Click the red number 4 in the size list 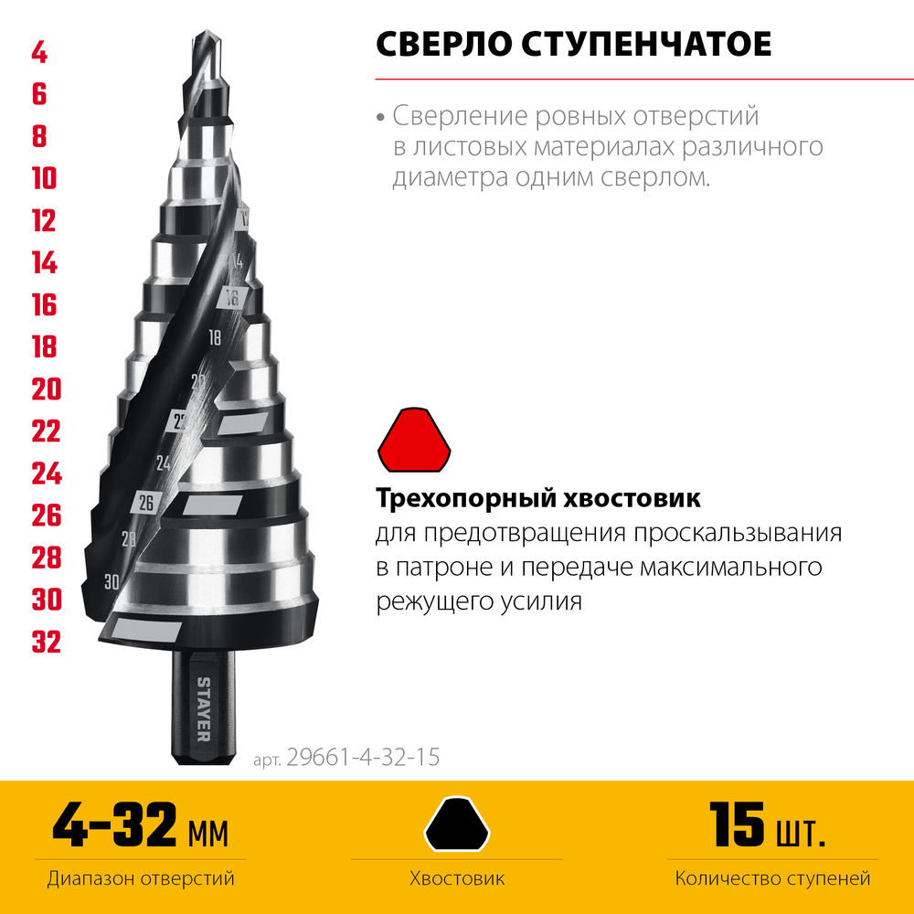39,53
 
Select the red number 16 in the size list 44,304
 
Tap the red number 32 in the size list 46,642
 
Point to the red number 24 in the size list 46,473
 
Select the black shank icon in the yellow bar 458,824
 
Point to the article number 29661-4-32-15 362,758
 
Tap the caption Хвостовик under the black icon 457,879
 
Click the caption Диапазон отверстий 140,879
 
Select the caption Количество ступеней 772,879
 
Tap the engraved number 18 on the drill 215,337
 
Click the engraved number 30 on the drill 112,580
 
